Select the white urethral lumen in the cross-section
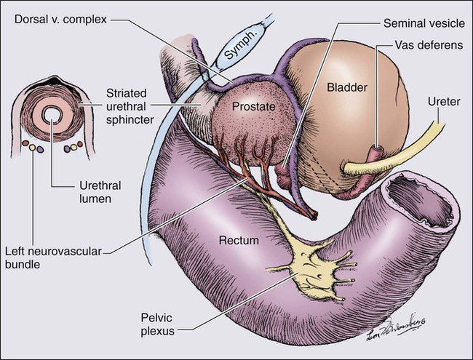pos(52,114)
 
